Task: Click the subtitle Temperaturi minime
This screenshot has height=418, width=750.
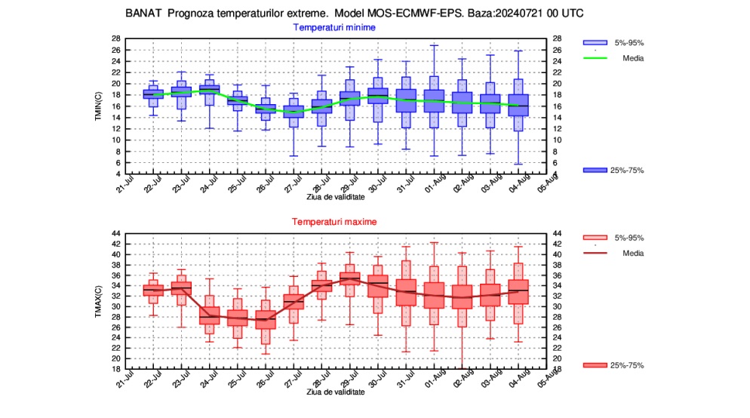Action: point(334,27)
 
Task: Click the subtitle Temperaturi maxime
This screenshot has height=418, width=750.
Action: point(334,222)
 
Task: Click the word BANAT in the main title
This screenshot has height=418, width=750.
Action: point(141,14)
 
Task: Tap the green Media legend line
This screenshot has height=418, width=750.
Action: point(595,57)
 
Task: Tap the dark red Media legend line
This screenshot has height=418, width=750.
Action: point(595,253)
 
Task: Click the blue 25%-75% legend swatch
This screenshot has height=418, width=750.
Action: point(595,171)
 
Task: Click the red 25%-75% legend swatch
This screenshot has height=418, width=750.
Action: point(595,365)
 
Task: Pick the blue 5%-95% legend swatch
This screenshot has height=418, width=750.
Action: point(595,42)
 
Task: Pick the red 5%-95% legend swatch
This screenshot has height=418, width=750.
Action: point(595,238)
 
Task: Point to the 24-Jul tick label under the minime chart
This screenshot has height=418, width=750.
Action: point(208,183)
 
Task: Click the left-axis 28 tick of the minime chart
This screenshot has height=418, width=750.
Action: point(116,38)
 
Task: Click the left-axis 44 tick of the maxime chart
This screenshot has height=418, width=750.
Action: point(116,234)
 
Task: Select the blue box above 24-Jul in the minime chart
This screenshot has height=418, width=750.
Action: point(209,90)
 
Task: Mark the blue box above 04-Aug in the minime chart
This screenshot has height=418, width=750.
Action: point(519,105)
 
